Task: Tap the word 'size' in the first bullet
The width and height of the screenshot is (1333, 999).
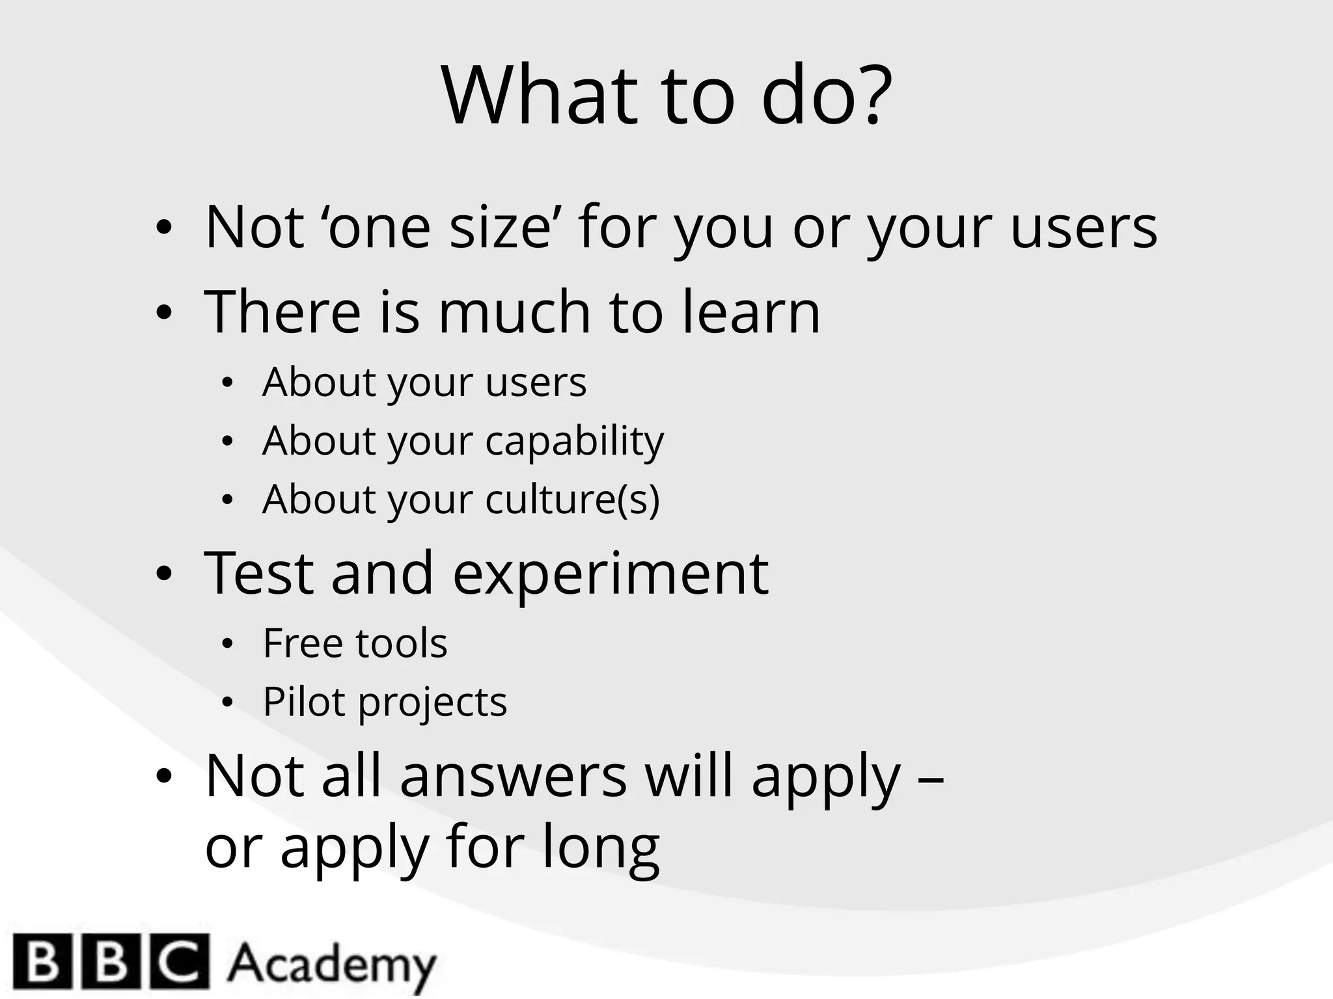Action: point(501,227)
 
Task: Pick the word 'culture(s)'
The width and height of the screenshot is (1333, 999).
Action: point(572,500)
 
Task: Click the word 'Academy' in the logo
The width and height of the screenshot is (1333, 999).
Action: point(331,964)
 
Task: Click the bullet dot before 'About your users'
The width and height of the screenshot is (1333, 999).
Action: point(227,384)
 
